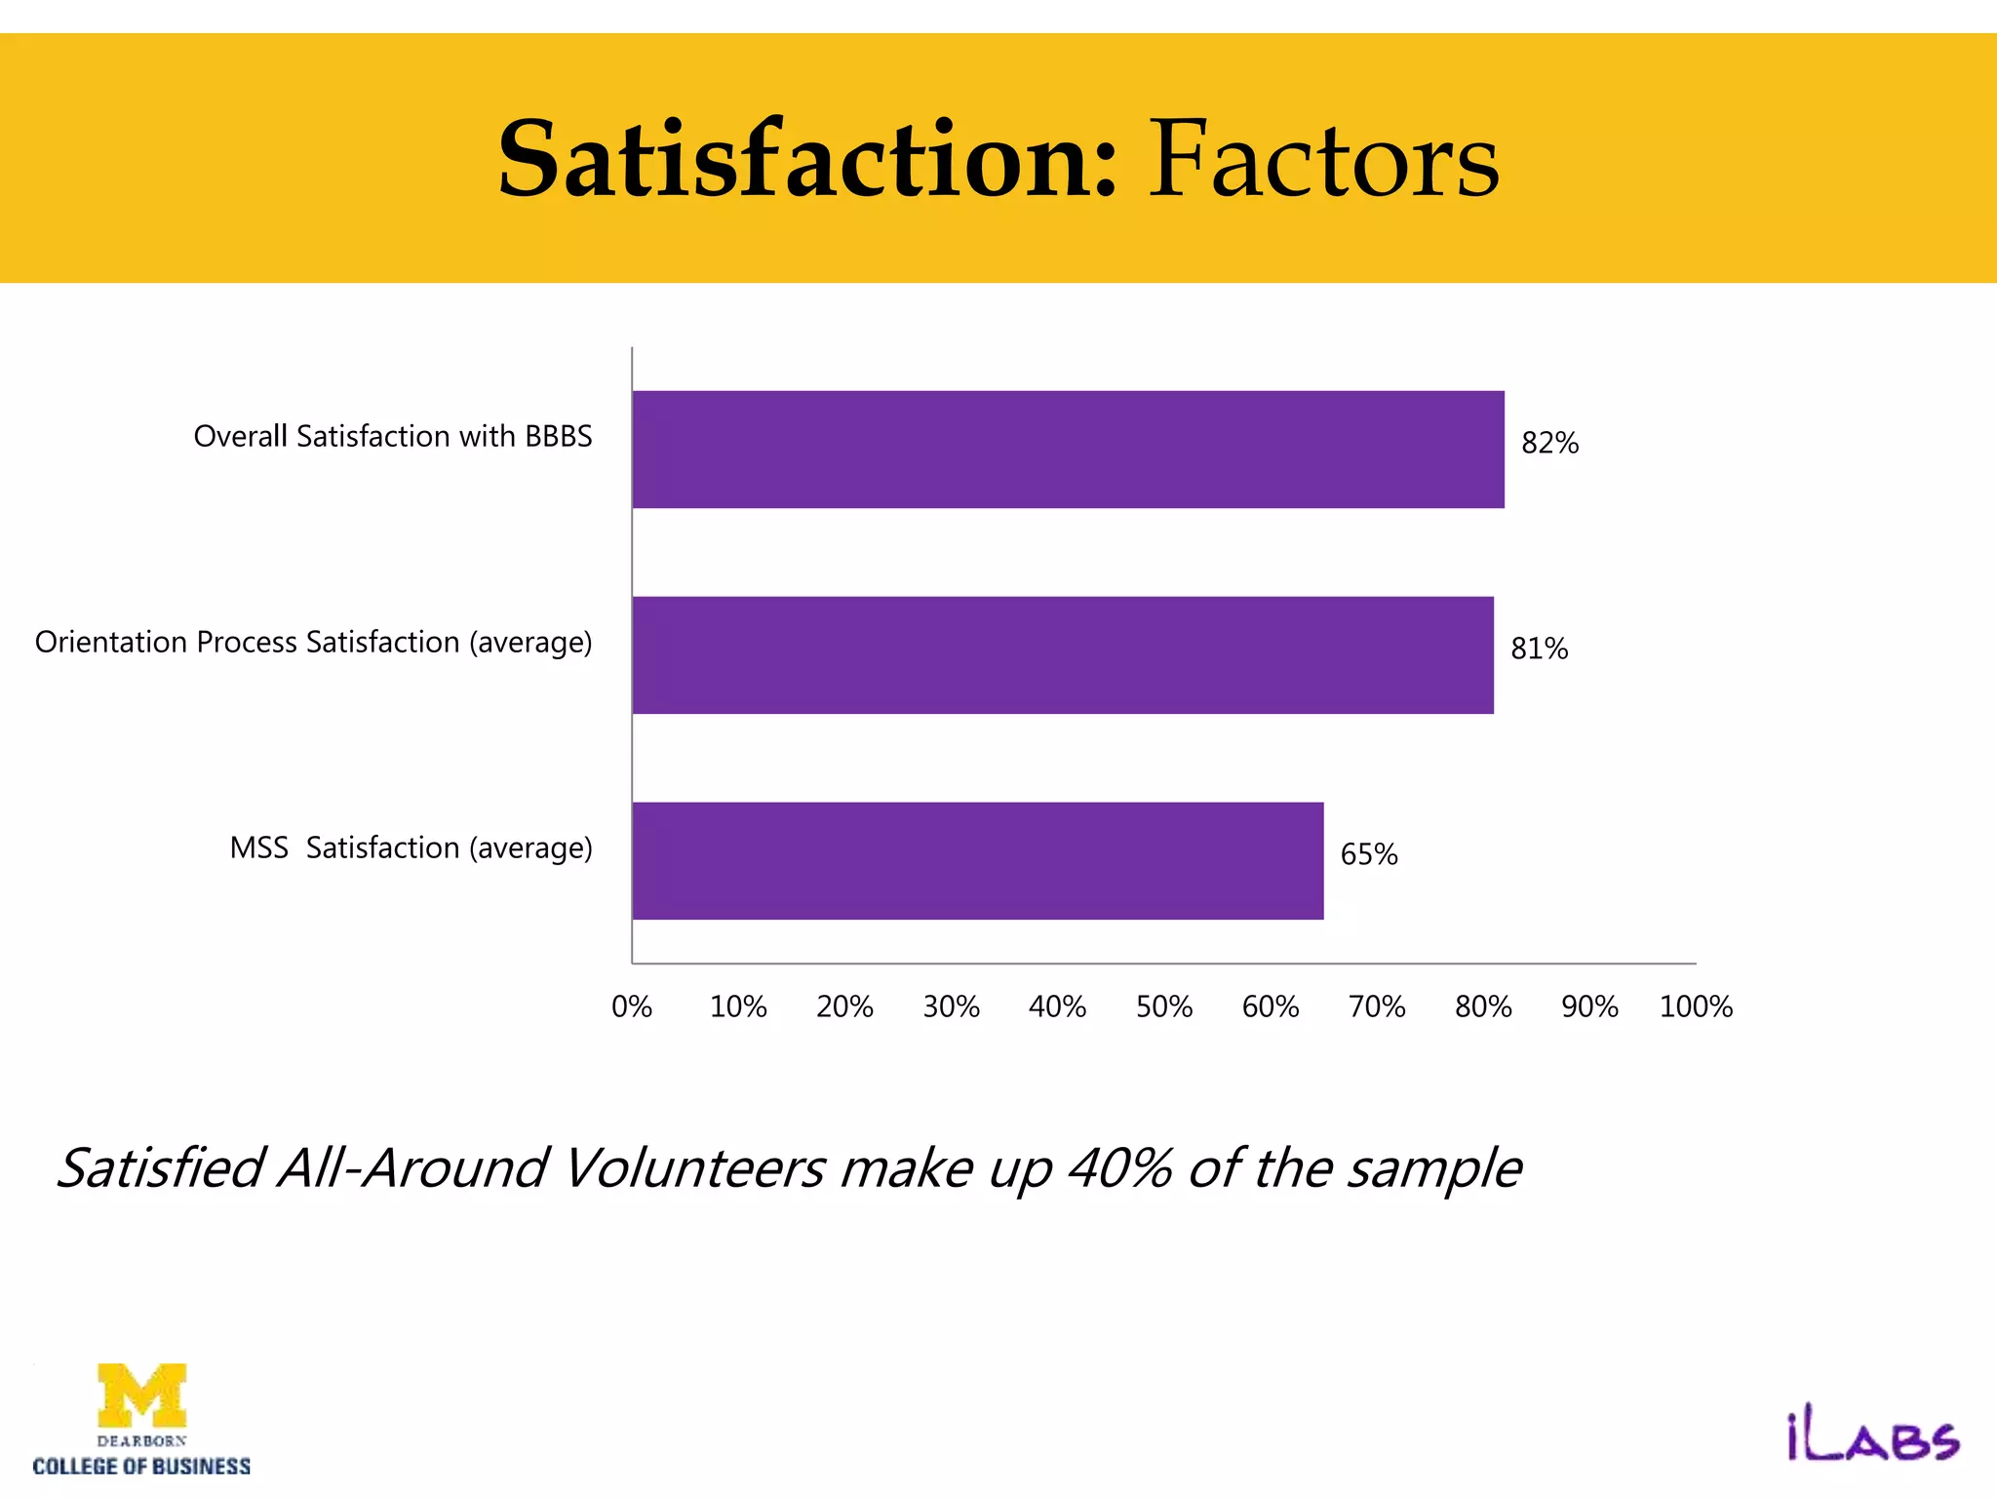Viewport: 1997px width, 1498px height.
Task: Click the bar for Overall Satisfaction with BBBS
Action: tap(1068, 450)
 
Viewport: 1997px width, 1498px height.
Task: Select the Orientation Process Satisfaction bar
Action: tap(1063, 655)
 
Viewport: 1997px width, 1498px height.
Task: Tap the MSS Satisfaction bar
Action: tap(978, 861)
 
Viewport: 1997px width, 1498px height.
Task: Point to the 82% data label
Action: tap(1549, 444)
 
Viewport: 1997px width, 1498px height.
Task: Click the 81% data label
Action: tap(1539, 650)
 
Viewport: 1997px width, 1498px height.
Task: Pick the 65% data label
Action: tap(1369, 855)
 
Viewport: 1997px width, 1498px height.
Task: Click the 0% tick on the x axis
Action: tap(632, 1007)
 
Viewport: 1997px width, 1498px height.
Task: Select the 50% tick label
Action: tap(1164, 1007)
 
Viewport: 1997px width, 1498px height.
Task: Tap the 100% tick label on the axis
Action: tap(1696, 1007)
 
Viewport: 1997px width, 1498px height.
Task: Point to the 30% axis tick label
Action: tap(951, 1007)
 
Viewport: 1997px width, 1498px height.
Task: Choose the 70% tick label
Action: tap(1377, 1007)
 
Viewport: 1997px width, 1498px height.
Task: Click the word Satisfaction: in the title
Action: tap(807, 159)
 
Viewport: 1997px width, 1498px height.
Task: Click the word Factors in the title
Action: tap(1323, 159)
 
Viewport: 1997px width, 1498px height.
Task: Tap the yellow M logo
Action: tap(142, 1395)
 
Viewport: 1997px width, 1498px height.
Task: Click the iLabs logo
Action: tap(1872, 1439)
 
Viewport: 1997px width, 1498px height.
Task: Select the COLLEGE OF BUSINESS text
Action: tap(141, 1467)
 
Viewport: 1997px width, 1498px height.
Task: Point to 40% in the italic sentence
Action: tap(1119, 1168)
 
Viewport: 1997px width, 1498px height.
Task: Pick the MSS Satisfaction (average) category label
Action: tap(411, 848)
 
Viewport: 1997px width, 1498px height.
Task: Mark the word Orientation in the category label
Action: tap(111, 643)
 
